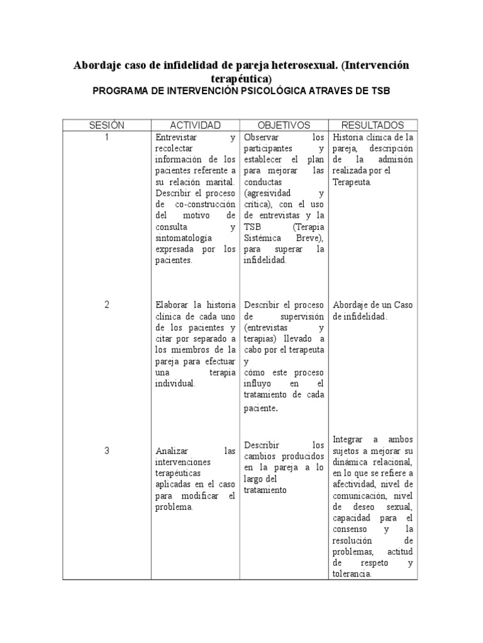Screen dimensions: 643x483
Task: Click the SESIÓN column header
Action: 106,126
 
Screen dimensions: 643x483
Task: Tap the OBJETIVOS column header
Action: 284,126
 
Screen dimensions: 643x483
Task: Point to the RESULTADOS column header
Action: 373,126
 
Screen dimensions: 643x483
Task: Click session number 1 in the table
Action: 106,138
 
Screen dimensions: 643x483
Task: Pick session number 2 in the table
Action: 106,305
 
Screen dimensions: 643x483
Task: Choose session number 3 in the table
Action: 106,450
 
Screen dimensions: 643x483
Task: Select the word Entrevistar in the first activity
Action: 175,138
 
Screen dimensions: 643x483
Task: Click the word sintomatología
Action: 183,239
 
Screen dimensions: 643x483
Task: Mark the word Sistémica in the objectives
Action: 263,239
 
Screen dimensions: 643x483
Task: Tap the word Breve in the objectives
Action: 313,239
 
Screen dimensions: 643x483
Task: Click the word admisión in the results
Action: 396,160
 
